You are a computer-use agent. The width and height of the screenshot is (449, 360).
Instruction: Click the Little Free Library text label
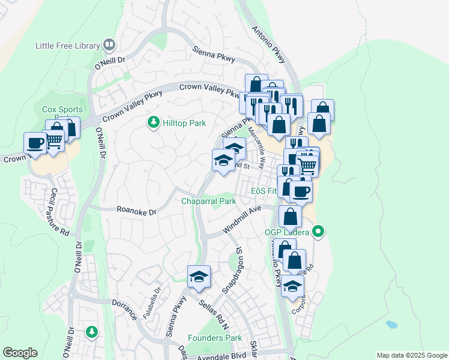68,45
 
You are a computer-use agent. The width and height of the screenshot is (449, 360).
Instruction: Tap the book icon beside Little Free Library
109,44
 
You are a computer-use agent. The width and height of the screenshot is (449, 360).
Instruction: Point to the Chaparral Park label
209,202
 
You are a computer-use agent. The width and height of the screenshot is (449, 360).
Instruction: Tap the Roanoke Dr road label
136,212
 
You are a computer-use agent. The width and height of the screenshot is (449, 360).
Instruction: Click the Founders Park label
215,338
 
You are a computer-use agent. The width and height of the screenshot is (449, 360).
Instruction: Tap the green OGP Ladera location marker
319,231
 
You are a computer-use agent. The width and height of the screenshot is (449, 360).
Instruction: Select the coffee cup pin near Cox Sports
35,143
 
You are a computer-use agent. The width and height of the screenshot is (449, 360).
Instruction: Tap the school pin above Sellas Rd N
199,277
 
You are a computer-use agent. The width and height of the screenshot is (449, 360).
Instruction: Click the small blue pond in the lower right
391,325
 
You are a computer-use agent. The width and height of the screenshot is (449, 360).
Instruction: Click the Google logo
20,353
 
